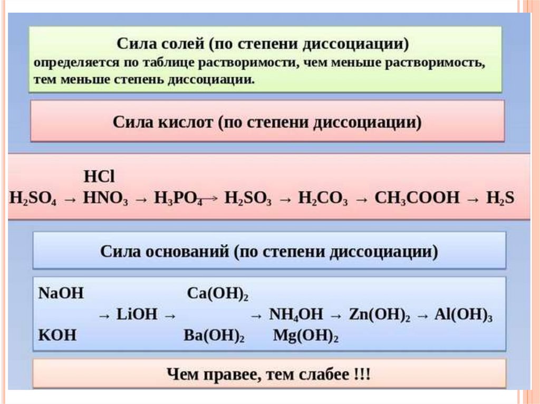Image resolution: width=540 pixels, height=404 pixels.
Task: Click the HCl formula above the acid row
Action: (x=99, y=176)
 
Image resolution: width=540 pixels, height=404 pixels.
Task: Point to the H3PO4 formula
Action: (x=178, y=199)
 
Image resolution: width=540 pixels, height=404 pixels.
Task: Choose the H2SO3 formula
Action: (x=248, y=199)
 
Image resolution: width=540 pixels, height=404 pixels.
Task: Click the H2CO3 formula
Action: (x=323, y=199)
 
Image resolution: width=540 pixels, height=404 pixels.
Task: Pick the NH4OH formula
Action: (x=295, y=314)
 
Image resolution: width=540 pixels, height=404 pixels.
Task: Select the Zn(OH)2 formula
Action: (x=380, y=314)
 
